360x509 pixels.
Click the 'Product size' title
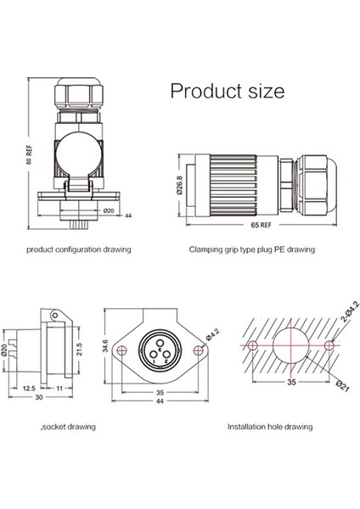point(228,92)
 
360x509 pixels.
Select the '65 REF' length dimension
point(261,225)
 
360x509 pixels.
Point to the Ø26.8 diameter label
point(179,185)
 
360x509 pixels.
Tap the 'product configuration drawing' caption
point(79,249)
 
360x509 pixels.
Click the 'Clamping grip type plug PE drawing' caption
point(252,249)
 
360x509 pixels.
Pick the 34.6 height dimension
point(105,346)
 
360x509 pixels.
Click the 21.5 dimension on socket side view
point(79,349)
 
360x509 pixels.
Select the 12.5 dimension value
point(29,389)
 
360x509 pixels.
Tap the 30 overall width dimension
point(39,397)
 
